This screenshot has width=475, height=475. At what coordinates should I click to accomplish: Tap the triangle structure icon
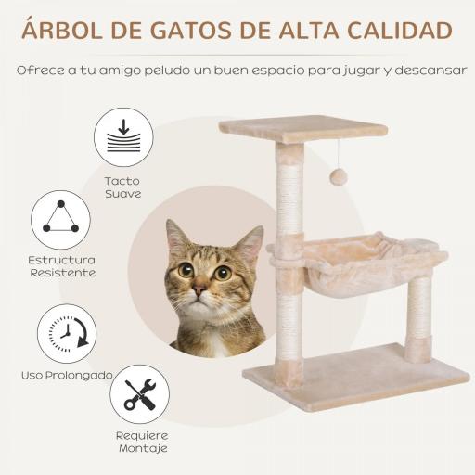pos(61,220)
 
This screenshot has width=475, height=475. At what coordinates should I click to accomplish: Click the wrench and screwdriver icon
pos(139,394)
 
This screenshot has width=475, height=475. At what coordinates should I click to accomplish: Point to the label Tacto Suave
pos(122,187)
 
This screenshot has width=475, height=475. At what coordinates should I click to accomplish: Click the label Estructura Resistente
pos(61,266)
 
